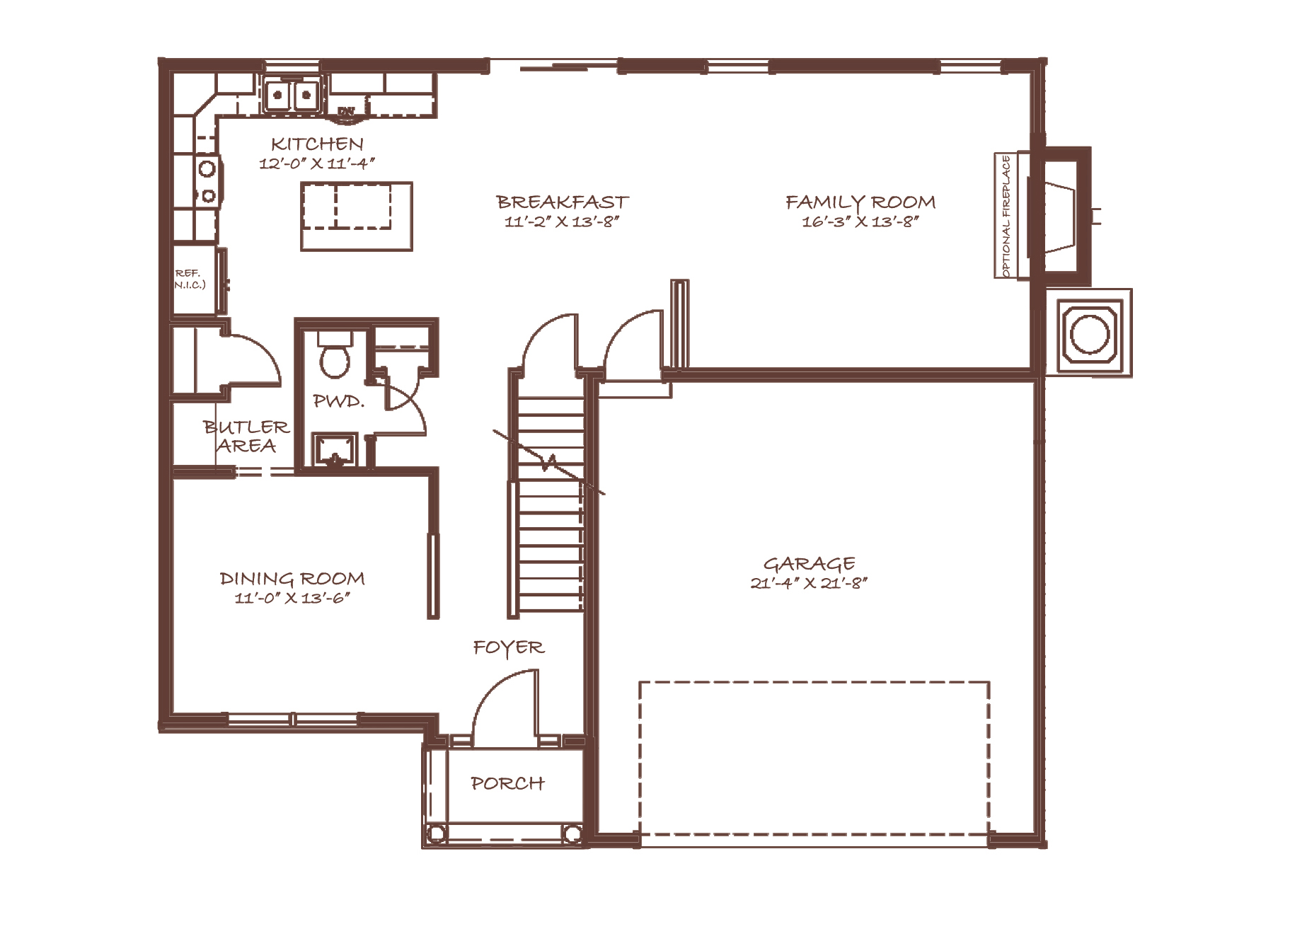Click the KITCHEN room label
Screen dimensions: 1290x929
(317, 144)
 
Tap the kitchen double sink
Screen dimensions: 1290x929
(292, 95)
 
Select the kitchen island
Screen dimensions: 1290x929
(357, 216)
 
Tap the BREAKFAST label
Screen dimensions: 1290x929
(563, 202)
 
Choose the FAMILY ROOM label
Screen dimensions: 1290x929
(860, 202)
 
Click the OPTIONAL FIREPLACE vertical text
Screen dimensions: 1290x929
(1006, 215)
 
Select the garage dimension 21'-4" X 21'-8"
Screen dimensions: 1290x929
(809, 584)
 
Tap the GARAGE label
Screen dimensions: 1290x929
(809, 564)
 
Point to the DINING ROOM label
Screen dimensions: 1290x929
(292, 579)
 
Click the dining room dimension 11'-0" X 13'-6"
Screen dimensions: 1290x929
(292, 599)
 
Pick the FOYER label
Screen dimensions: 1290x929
(509, 648)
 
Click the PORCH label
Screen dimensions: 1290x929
(507, 783)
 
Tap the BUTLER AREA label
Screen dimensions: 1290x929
(246, 437)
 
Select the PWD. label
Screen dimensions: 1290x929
(338, 402)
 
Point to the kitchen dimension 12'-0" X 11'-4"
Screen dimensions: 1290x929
(316, 163)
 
